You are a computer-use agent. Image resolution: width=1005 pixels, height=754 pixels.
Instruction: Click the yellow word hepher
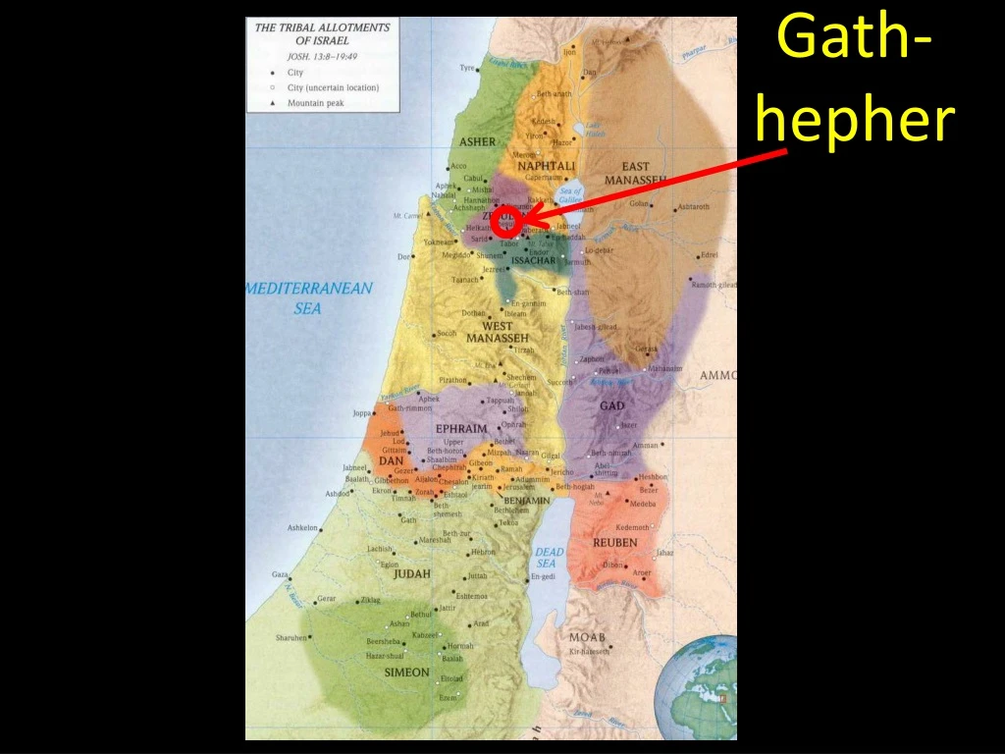coord(857,121)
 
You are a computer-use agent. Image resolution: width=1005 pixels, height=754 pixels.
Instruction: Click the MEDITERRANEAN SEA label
coord(309,297)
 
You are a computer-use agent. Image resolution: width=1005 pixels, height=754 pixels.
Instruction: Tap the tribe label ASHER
coord(478,141)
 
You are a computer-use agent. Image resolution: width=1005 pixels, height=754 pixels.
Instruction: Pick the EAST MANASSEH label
coord(634,174)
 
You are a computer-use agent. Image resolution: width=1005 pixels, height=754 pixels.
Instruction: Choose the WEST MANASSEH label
coord(498,332)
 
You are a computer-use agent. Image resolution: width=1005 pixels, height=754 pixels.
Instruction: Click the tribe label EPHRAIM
coord(461,429)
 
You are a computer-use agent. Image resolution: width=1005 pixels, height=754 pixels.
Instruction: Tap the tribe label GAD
coord(611,405)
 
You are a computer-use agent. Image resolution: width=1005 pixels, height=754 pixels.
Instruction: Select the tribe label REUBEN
coord(614,543)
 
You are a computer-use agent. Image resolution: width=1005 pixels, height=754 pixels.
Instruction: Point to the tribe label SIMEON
coord(406,673)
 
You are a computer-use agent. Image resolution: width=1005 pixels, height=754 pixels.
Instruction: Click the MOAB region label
coord(587,637)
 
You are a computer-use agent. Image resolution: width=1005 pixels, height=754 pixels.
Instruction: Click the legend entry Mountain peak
coord(315,102)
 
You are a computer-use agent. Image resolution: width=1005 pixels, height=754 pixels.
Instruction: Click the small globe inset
coord(699,686)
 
